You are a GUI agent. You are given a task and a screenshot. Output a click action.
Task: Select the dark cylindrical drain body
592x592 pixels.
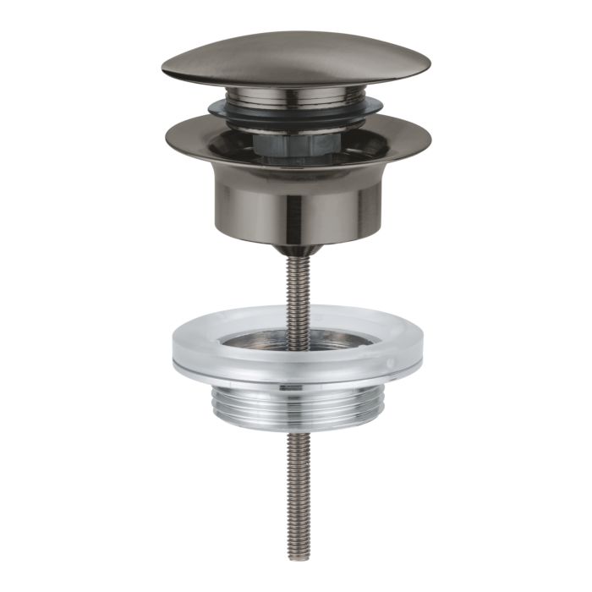(x=295, y=203)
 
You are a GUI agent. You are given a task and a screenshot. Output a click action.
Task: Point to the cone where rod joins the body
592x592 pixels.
(x=295, y=249)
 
